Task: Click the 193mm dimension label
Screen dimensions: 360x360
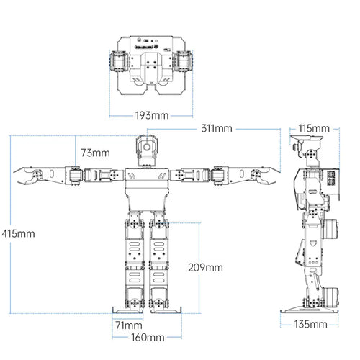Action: [x=152, y=115]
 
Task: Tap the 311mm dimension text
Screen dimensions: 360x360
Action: [x=217, y=128]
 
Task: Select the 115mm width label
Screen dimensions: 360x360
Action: [x=314, y=128]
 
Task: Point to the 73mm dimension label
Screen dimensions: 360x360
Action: [x=95, y=153]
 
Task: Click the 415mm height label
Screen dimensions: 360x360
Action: [x=18, y=233]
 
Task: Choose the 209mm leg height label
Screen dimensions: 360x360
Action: [x=205, y=268]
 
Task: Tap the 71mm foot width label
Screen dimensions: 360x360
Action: [x=129, y=325]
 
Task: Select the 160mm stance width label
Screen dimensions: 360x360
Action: [x=148, y=338]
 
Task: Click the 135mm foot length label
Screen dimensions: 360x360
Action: [x=310, y=324]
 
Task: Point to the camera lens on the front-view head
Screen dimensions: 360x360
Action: [x=147, y=147]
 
